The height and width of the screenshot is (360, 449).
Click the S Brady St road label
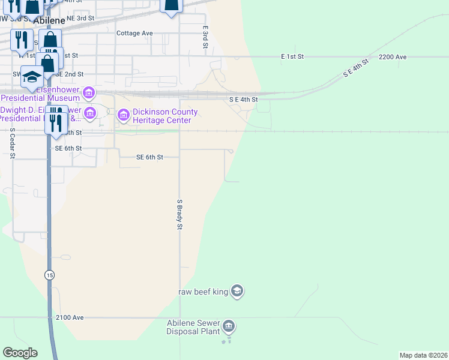click(179, 215)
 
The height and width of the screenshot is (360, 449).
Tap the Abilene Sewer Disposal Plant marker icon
click(229, 327)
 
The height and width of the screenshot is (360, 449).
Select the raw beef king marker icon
click(237, 292)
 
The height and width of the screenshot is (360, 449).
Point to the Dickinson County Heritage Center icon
click(124, 115)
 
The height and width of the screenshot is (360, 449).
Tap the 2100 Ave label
click(69, 317)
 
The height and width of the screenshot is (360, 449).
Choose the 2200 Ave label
click(393, 57)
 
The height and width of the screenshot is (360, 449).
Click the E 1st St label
click(292, 56)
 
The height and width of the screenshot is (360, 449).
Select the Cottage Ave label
click(134, 34)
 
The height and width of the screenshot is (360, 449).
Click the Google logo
click(20, 353)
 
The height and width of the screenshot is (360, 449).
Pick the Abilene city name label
click(49, 20)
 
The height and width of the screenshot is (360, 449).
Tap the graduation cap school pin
click(32, 77)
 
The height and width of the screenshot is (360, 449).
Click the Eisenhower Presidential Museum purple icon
click(89, 92)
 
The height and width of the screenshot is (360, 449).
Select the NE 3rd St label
click(80, 19)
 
